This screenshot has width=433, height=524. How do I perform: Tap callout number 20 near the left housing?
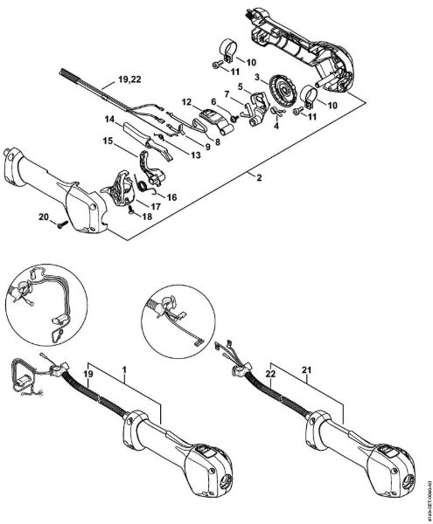(44, 217)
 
